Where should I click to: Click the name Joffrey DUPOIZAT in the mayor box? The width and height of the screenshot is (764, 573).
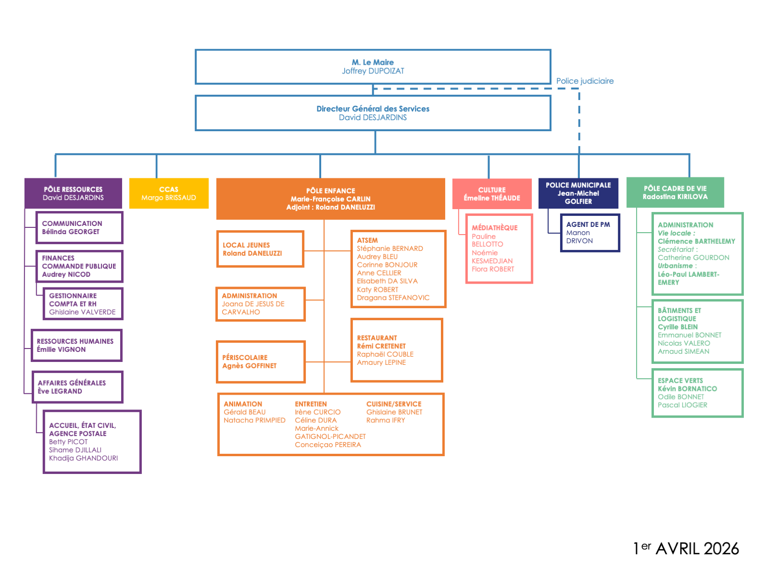[373, 71]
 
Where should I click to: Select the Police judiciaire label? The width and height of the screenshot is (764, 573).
[585, 81]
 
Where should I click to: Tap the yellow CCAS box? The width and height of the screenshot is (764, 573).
[169, 193]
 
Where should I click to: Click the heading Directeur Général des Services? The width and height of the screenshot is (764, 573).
[373, 109]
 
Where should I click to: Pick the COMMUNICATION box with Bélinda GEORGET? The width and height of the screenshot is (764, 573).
[79, 227]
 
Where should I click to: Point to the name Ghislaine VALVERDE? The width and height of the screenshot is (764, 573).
[82, 312]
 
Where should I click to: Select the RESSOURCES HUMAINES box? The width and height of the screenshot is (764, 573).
[76, 345]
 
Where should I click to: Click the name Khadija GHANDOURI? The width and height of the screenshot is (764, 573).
[83, 458]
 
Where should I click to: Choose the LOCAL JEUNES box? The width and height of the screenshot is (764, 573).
[260, 249]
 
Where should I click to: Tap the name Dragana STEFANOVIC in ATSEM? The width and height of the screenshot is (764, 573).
[393, 298]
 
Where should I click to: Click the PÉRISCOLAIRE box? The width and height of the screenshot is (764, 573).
[261, 361]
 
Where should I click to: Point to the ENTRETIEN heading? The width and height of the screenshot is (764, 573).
[311, 404]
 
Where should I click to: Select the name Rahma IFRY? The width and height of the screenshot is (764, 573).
[386, 420]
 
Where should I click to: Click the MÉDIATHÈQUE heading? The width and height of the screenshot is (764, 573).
[494, 228]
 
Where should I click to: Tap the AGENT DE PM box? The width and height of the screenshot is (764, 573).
[589, 233]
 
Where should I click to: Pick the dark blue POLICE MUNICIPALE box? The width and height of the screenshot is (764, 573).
[578, 193]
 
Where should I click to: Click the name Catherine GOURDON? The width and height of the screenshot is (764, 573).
[693, 258]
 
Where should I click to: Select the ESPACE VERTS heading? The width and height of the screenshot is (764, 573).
[680, 380]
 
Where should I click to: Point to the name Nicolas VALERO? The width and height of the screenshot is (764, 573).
[684, 343]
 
